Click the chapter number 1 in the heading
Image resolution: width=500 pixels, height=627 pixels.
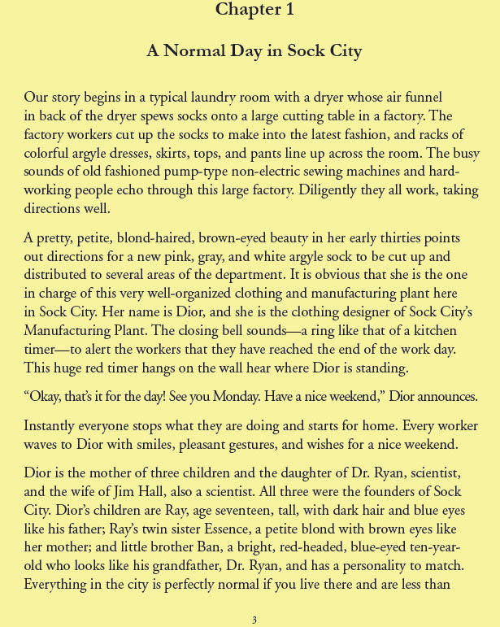[289, 10]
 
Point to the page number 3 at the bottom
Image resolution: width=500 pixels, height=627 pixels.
[254, 620]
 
